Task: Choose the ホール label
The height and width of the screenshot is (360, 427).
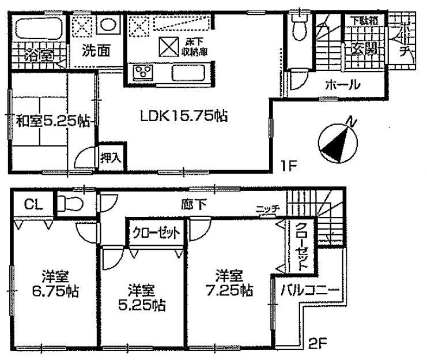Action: click(343, 85)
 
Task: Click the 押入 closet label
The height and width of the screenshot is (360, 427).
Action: click(109, 156)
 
